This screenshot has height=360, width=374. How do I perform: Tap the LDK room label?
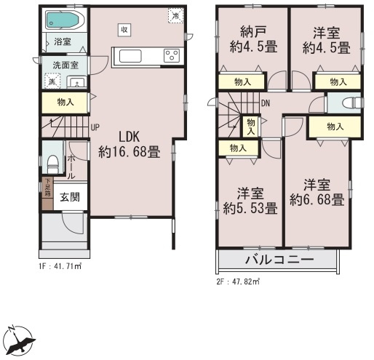coord(123,137)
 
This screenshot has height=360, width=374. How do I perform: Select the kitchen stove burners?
coord(172,55)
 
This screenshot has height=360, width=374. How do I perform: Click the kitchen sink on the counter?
coord(131,56)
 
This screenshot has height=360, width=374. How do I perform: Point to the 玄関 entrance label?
coord(70,196)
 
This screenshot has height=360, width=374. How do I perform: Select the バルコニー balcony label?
coord(278,260)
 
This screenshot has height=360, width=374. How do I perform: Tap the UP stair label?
coord(95,127)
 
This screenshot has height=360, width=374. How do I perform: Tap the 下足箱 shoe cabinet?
coord(47,195)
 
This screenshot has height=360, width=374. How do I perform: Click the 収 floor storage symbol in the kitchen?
coord(124,29)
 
